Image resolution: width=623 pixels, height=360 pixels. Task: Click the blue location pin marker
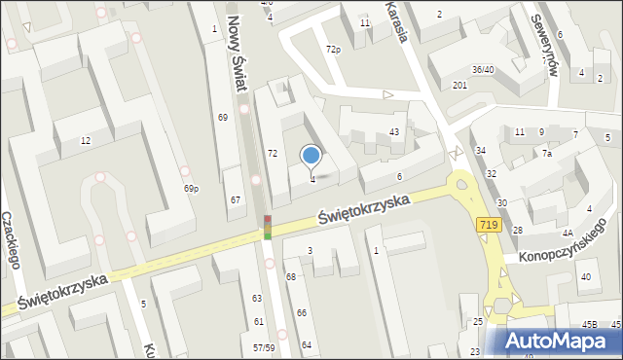311,156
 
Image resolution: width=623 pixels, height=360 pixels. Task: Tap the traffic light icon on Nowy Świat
267,228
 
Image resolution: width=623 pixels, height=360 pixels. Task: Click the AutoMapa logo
562,341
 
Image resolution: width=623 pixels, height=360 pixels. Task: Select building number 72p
333,49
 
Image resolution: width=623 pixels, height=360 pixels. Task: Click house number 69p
191,189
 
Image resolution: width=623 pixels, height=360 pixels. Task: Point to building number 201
459,86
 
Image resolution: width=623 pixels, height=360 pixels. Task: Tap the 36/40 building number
483,70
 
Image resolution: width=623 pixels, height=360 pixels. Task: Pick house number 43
394,131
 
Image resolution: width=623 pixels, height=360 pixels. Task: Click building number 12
86,141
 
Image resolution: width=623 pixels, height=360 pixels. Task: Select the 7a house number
547,154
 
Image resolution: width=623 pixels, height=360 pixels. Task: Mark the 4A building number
567,233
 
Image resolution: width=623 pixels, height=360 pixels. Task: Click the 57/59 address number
263,347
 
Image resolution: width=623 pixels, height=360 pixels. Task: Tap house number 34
481,150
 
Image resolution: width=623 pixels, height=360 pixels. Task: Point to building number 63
257,299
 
